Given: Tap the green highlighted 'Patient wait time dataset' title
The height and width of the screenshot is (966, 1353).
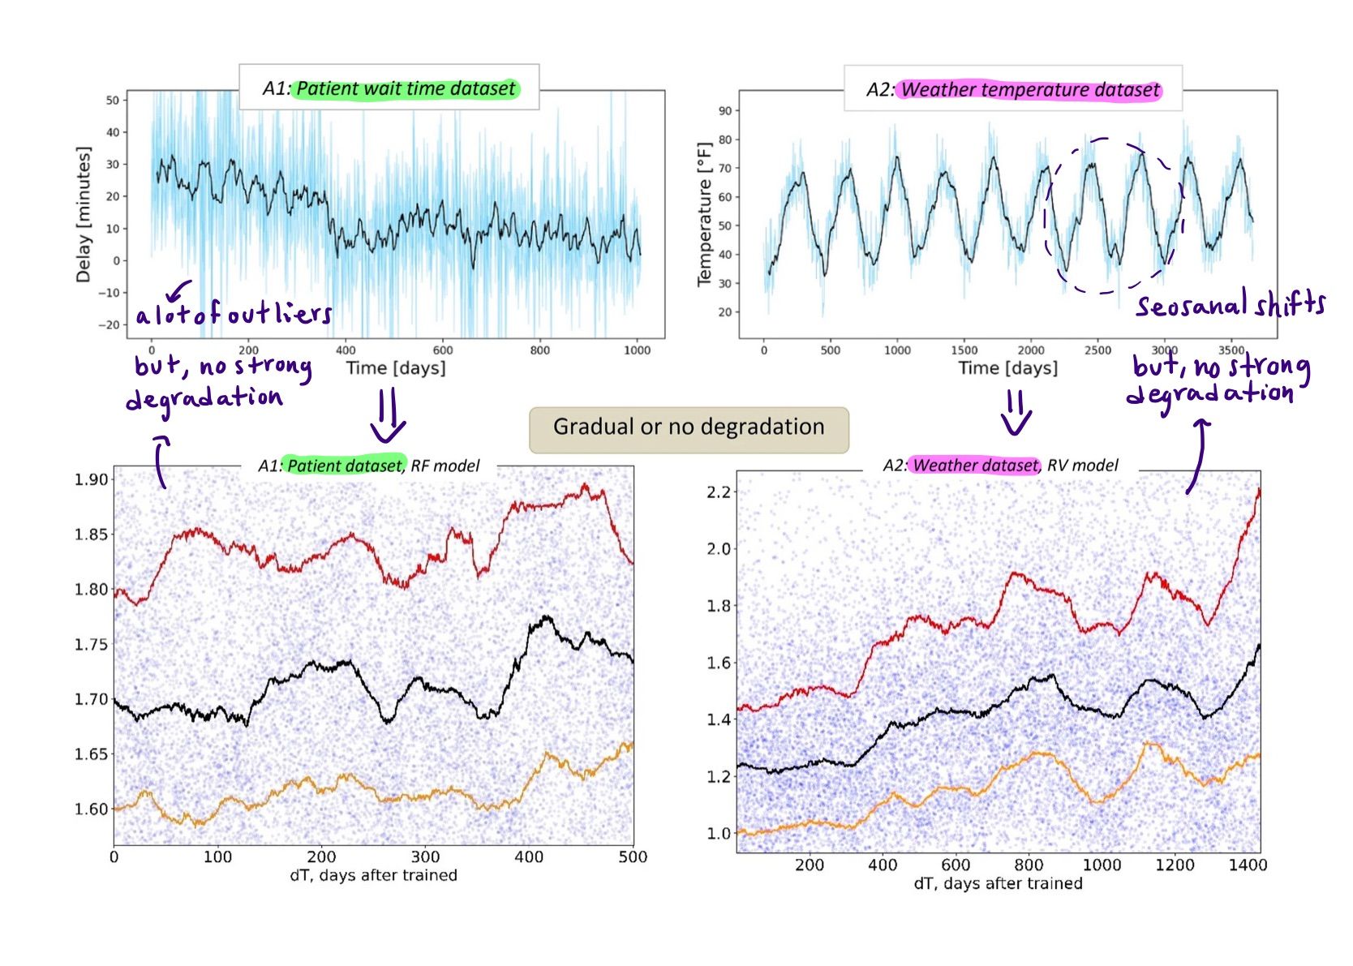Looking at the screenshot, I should [405, 88].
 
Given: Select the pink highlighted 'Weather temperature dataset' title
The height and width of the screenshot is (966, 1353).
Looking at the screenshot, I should [1029, 90].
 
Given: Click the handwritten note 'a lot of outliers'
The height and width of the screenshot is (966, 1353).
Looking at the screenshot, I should [234, 313].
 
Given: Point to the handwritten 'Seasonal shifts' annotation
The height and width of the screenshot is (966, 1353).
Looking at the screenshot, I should [1230, 305].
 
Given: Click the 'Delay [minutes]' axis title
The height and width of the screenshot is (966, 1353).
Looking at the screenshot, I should [83, 214].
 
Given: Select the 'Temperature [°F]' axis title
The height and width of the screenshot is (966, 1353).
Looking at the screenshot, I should [704, 214].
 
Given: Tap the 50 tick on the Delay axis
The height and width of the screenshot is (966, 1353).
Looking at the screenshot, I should [112, 100].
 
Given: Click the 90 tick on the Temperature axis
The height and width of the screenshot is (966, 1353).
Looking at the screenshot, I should [724, 110].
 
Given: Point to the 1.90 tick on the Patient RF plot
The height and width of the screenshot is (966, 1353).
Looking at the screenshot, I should [91, 479].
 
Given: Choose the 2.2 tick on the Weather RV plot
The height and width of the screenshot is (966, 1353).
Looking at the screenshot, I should [719, 492].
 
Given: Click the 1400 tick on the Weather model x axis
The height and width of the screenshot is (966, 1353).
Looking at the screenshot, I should [1247, 865].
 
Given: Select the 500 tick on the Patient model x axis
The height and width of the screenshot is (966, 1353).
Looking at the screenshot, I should [633, 857].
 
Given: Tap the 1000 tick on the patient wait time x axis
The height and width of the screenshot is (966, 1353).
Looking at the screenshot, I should [637, 350].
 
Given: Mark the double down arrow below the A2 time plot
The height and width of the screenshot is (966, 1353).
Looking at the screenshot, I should [1016, 412].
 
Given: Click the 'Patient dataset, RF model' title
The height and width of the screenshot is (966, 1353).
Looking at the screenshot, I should [369, 466].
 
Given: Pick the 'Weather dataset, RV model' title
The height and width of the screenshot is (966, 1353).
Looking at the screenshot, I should [1000, 466].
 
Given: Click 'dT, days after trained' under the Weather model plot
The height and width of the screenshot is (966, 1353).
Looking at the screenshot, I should [998, 883].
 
